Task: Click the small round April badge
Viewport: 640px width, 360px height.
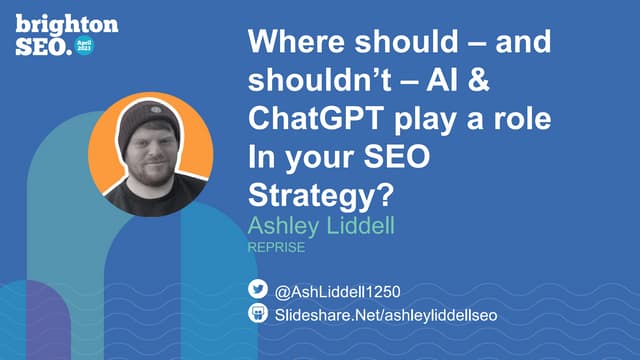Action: (x=85, y=45)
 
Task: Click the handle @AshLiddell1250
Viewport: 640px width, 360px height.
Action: (x=337, y=292)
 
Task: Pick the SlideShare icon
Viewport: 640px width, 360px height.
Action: (x=257, y=314)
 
